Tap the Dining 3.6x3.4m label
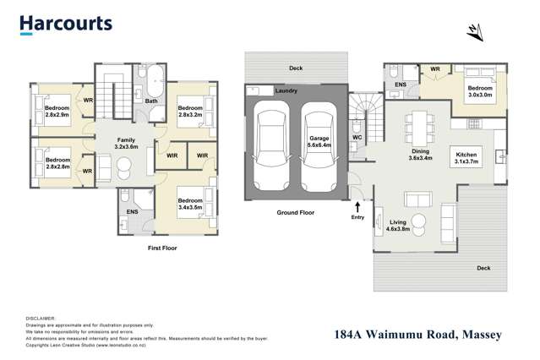pyautogui.click(x=420, y=154)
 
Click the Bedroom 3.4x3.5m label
pyautogui.click(x=190, y=203)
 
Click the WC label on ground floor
pyautogui.click(x=357, y=137)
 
